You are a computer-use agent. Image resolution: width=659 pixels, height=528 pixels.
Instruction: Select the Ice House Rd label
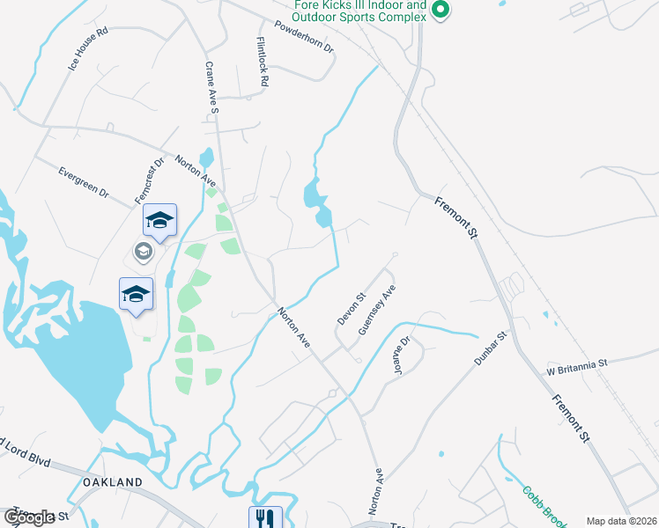point(87,48)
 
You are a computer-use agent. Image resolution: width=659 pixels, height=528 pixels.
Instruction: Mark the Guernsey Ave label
point(377,310)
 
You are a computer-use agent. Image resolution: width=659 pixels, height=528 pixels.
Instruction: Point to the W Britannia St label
point(577,363)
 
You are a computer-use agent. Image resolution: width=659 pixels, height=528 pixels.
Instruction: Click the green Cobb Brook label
point(541,507)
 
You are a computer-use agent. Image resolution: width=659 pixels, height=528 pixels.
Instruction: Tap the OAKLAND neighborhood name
point(112,482)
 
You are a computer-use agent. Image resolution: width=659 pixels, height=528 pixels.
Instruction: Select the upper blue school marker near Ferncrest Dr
point(159,220)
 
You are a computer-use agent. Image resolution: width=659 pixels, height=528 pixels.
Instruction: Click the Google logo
point(30,517)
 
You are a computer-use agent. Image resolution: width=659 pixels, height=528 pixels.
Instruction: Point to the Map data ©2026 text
point(621,521)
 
